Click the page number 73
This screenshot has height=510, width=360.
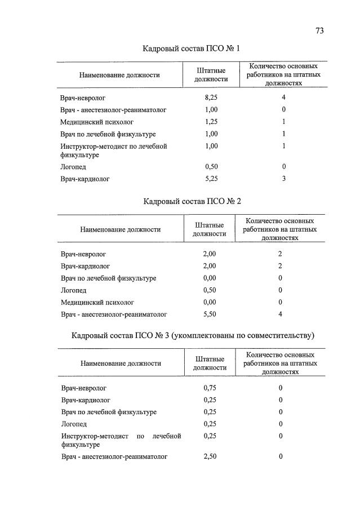pyautogui.click(x=319, y=31)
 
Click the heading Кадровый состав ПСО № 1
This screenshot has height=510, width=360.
pyautogui.click(x=191, y=49)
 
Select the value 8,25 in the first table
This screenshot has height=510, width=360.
pyautogui.click(x=211, y=97)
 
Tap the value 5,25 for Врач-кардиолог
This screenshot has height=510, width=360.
pyautogui.click(x=211, y=179)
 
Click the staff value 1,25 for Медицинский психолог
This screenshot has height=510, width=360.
pyautogui.click(x=211, y=122)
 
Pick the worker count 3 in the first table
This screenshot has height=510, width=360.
pyautogui.click(x=284, y=179)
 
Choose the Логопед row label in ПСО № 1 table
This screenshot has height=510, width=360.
pyautogui.click(x=73, y=167)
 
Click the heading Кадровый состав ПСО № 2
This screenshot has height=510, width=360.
pyautogui.click(x=192, y=201)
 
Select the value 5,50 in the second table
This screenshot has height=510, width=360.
pyautogui.click(x=210, y=314)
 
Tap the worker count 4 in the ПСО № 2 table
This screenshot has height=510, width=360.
pyautogui.click(x=280, y=314)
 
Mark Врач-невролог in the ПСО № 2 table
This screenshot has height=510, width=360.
pyautogui.click(x=83, y=254)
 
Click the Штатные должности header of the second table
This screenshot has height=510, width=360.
pyautogui.click(x=210, y=229)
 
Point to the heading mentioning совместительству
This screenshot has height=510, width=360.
pyautogui.click(x=192, y=336)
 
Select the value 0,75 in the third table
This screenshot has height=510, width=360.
pyautogui.click(x=210, y=388)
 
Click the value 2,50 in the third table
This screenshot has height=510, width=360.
pyautogui.click(x=210, y=456)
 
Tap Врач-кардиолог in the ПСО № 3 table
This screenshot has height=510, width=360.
pyautogui.click(x=85, y=400)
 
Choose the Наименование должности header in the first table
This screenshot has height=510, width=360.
pyautogui.click(x=119, y=75)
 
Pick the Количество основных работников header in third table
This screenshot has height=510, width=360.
pyautogui.click(x=280, y=363)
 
